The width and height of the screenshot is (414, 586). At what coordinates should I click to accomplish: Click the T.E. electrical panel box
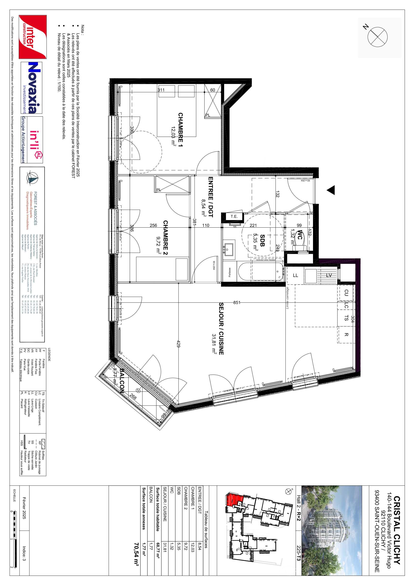(x=234, y=217)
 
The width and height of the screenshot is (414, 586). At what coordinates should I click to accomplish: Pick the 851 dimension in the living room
(x=237, y=302)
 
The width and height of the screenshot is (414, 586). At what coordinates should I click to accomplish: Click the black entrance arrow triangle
(x=331, y=190)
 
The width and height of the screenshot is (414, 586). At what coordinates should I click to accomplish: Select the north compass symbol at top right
(x=377, y=37)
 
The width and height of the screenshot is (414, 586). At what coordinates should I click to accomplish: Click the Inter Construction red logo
(x=33, y=37)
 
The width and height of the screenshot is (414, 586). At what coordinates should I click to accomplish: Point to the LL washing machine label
(x=295, y=275)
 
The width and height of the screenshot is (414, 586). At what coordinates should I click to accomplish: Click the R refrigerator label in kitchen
(x=346, y=334)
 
